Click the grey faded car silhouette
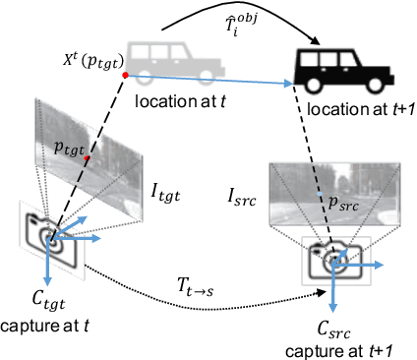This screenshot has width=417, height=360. click(180, 60)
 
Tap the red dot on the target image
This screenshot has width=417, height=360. click(88, 158)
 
